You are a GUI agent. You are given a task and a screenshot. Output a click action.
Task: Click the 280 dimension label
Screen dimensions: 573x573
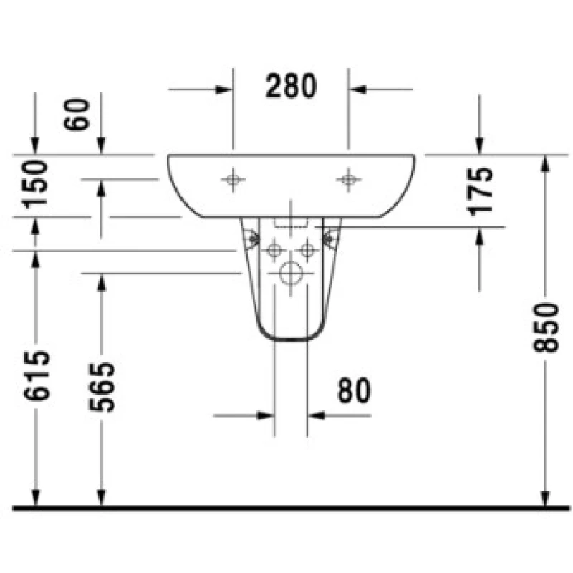(x=291, y=86)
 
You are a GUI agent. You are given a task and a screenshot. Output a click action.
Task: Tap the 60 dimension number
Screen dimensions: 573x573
(x=77, y=115)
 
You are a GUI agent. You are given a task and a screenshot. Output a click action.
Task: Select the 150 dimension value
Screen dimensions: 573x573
(x=35, y=185)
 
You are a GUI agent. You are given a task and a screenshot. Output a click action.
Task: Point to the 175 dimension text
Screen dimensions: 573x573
(x=479, y=191)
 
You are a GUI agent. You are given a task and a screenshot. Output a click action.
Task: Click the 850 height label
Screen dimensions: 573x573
(x=546, y=327)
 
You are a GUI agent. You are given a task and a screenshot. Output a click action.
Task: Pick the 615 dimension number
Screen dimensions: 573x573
(x=37, y=375)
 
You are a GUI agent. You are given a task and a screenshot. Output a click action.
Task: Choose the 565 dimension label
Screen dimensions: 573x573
(x=102, y=387)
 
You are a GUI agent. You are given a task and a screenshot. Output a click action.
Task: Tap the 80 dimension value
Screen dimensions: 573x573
(x=354, y=391)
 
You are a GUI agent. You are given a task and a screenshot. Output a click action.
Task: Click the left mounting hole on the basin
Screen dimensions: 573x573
(x=233, y=180)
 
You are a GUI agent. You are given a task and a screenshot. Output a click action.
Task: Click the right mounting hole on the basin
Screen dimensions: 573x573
(x=348, y=180)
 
